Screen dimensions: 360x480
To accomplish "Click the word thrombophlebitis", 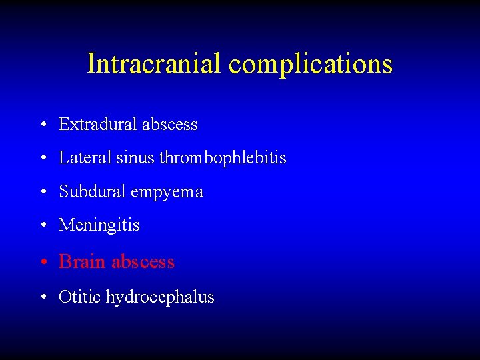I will click(x=223, y=159).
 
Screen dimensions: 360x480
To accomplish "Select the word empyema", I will click(x=167, y=193).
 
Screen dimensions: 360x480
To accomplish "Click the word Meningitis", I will click(x=99, y=225).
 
